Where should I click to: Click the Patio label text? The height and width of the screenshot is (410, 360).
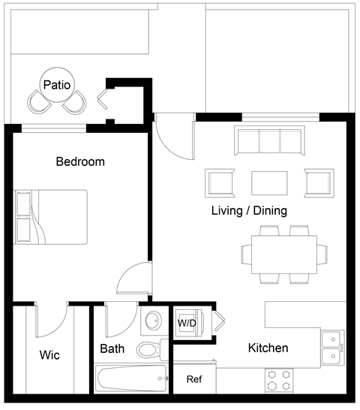pyautogui.click(x=57, y=85)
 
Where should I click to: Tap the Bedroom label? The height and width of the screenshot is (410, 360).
pyautogui.click(x=80, y=161)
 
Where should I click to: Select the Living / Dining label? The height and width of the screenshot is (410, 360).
pyautogui.click(x=249, y=210)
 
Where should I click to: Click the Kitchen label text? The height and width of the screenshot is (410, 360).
pyautogui.click(x=268, y=348)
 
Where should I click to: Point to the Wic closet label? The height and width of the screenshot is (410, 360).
pyautogui.click(x=49, y=354)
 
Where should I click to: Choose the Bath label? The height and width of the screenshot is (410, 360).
pyautogui.click(x=112, y=348)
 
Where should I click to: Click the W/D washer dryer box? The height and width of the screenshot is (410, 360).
pyautogui.click(x=187, y=323)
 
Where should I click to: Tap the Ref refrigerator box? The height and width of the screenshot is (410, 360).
pyautogui.click(x=194, y=379)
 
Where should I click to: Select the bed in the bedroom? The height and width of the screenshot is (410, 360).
pyautogui.click(x=51, y=216)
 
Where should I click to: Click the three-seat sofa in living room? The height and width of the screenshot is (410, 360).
pyautogui.click(x=268, y=140)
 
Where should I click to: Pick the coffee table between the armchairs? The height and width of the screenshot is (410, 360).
pyautogui.click(x=269, y=182)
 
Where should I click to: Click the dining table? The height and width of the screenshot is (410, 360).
pyautogui.click(x=278, y=255)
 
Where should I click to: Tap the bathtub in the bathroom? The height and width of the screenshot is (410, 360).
pyautogui.click(x=132, y=378)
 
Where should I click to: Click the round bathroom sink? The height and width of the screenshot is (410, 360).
pyautogui.click(x=152, y=321)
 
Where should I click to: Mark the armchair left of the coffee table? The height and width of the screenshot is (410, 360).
pyautogui.click(x=220, y=182)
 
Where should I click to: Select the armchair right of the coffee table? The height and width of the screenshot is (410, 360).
pyautogui.click(x=318, y=182)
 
